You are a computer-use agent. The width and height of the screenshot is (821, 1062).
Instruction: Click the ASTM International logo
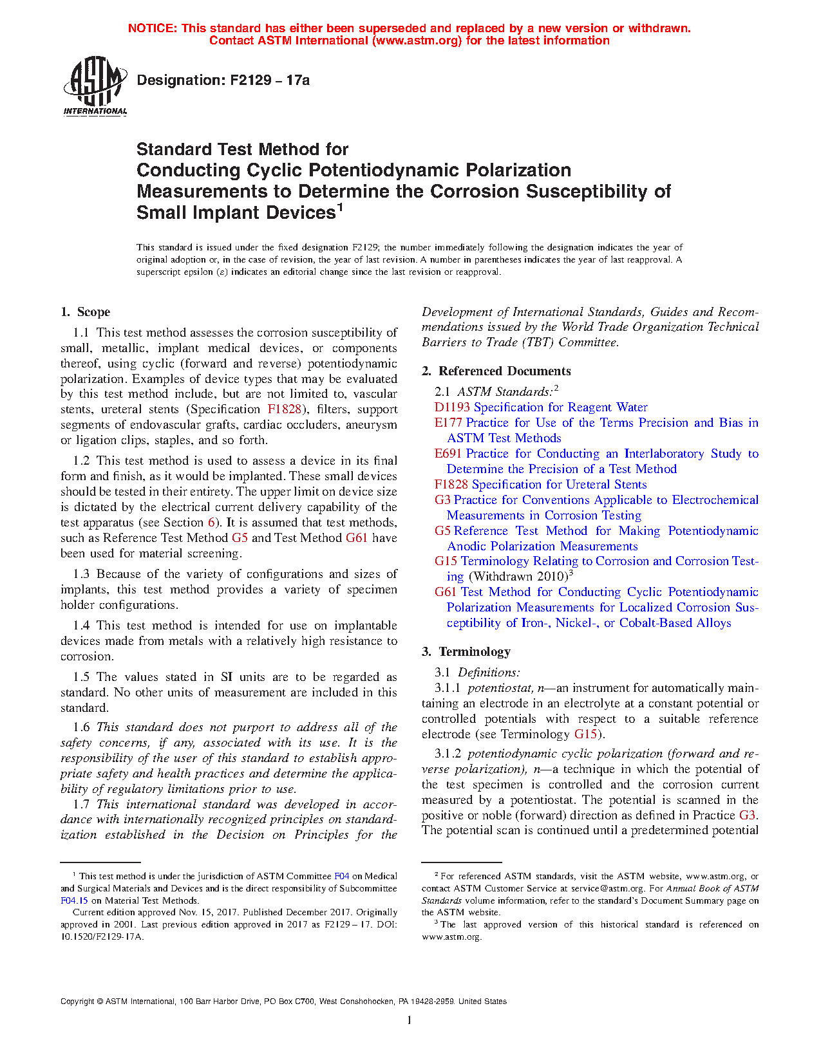point(95,86)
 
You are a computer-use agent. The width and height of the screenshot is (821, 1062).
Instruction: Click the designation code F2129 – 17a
point(223,80)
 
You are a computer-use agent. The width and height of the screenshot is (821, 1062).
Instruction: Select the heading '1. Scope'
point(85,312)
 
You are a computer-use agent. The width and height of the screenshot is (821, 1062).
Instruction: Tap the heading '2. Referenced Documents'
point(496,371)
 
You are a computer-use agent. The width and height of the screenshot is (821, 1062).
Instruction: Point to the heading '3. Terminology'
point(466,652)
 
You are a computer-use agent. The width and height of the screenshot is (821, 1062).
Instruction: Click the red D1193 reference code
point(452,407)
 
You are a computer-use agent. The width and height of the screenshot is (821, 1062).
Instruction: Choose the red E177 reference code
point(448,423)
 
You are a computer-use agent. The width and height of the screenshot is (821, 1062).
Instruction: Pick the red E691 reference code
point(448,454)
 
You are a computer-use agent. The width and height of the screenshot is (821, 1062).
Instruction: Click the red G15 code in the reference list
point(446,561)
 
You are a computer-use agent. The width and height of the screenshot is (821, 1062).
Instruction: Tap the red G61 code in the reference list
point(446,592)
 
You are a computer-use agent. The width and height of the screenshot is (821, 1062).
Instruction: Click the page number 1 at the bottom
point(410,1020)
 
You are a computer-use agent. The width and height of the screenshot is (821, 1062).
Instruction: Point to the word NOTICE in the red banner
point(152,28)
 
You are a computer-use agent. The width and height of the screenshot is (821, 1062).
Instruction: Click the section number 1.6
point(81,727)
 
